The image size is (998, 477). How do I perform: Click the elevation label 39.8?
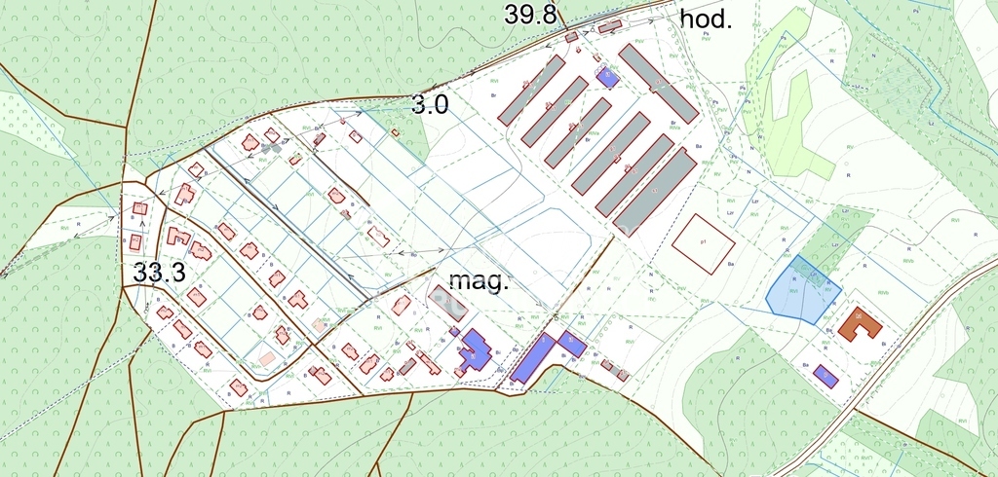(529, 14)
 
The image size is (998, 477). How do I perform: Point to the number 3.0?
(430, 105)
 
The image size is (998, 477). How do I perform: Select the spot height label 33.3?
(159, 273)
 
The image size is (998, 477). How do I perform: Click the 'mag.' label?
(479, 282)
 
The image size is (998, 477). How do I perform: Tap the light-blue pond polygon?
(802, 290)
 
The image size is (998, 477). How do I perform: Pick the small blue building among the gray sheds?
(608, 77)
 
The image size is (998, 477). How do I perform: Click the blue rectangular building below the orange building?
(825, 375)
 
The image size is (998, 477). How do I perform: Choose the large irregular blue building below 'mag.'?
(475, 350)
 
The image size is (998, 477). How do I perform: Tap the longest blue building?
(532, 358)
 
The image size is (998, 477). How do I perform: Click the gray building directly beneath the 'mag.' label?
(448, 303)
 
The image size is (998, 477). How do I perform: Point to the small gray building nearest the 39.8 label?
(571, 37)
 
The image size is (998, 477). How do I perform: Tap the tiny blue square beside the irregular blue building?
(455, 332)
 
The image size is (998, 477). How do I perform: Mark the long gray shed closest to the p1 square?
(655, 193)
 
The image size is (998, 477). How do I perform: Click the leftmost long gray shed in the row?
(531, 89)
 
